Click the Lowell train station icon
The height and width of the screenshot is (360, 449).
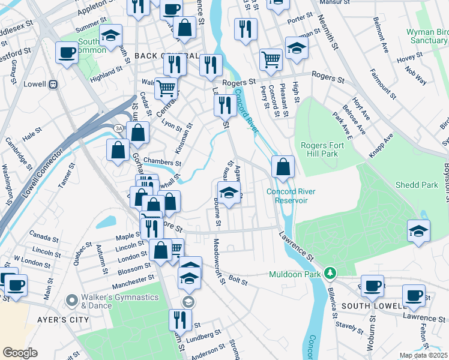coord(53,85)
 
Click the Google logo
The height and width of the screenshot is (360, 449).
coord(20,353)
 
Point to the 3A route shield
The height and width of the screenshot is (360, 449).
coord(119,128)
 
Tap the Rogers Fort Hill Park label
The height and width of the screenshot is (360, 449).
coord(328,149)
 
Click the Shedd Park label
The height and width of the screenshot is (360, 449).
coord(417,185)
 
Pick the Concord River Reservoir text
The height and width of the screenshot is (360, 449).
coord(287,196)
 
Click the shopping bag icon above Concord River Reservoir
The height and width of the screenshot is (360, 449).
coord(283,166)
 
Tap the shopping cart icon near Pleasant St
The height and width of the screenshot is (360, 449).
coord(271,59)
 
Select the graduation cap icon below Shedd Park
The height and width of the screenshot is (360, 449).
coord(418,230)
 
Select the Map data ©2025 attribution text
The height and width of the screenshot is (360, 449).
coord(423,355)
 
